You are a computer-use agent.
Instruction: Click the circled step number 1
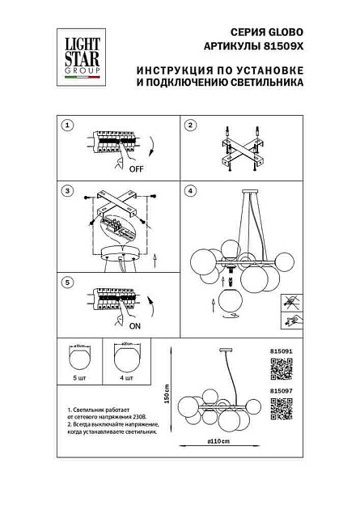click(x=68, y=125)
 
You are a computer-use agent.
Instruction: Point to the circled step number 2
click(x=191, y=125)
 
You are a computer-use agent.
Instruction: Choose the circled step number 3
click(x=68, y=192)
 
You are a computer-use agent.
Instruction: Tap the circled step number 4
click(x=191, y=192)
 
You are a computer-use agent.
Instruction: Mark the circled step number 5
click(x=68, y=282)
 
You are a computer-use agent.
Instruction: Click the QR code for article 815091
click(x=280, y=368)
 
